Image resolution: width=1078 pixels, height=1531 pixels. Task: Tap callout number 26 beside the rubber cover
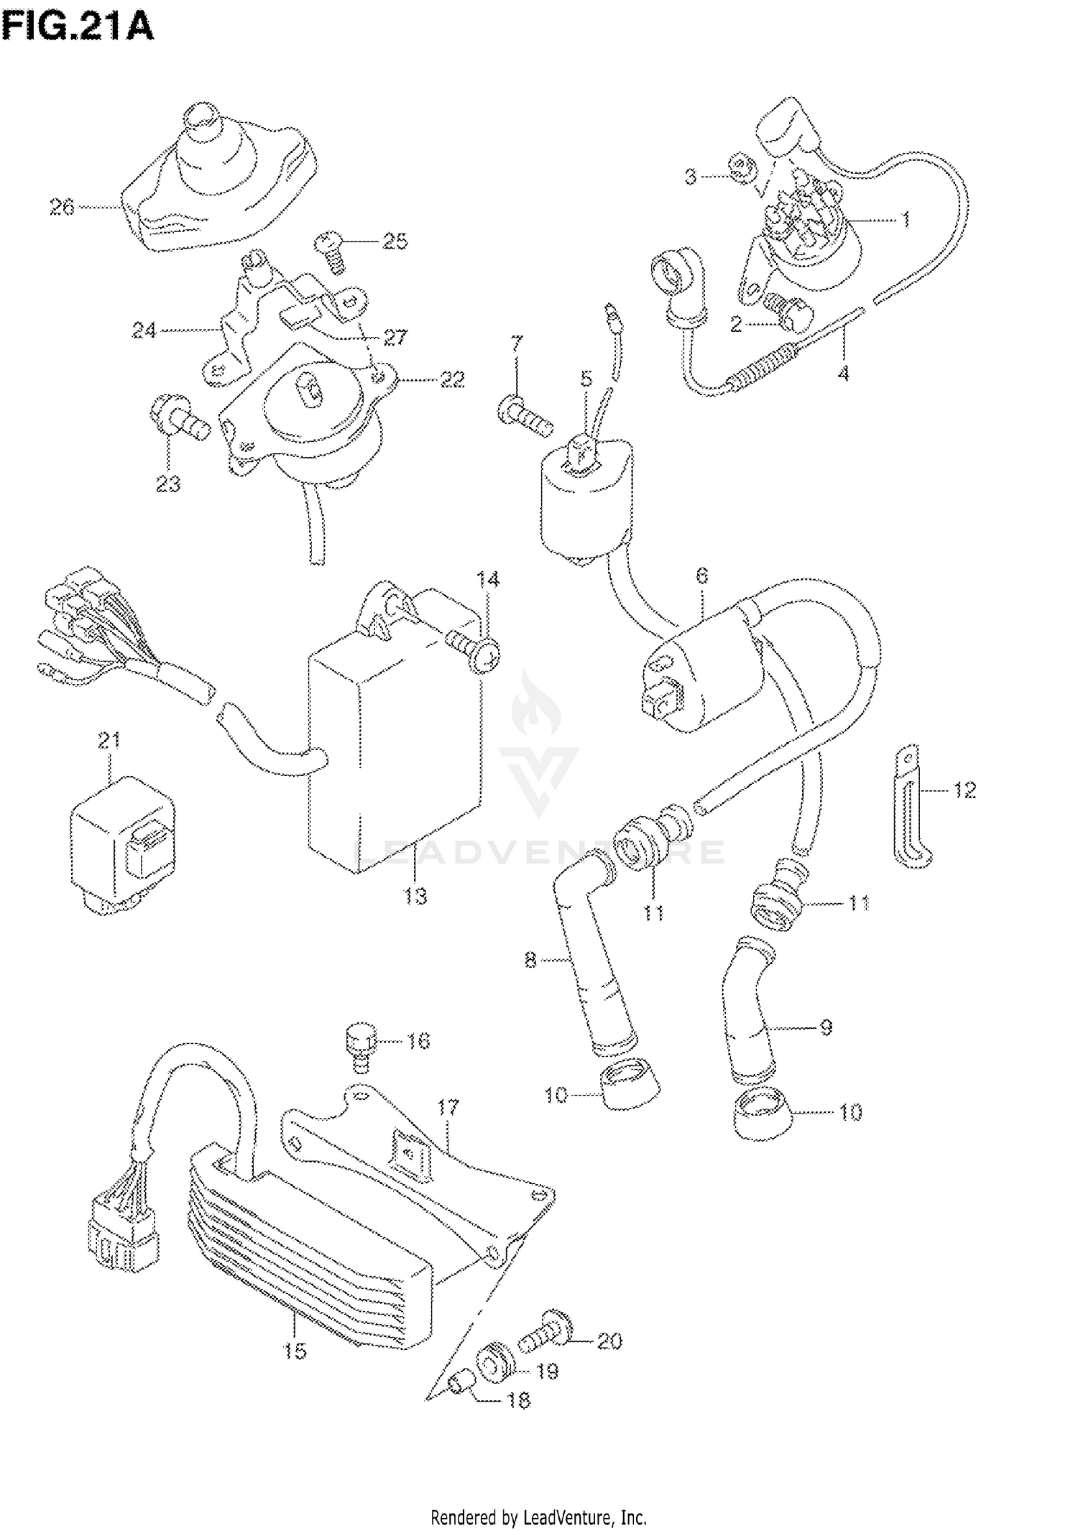point(62,208)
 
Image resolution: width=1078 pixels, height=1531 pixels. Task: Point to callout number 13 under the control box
point(415,897)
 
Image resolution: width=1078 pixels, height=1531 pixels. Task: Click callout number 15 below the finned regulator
point(295,1351)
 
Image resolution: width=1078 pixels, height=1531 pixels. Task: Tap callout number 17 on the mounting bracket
point(448,1107)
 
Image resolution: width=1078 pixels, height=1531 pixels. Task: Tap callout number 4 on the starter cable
point(844,374)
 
